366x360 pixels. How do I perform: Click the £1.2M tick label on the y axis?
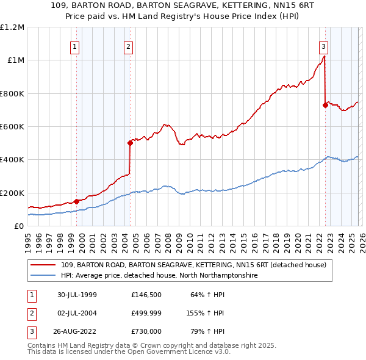click(x=12, y=27)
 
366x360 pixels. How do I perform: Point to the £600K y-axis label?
click(x=12, y=126)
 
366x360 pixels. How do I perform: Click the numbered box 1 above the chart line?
click(x=75, y=46)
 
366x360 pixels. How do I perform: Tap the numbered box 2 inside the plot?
click(x=129, y=46)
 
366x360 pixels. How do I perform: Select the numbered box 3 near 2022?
click(x=323, y=46)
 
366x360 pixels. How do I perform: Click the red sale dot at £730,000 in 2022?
click(x=325, y=105)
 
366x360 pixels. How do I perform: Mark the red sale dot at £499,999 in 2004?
click(x=130, y=143)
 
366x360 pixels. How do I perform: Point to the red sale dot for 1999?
click(x=77, y=201)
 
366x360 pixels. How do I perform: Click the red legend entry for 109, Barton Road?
click(x=194, y=265)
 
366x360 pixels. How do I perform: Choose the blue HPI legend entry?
click(x=159, y=276)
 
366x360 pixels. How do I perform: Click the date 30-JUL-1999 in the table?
click(x=77, y=295)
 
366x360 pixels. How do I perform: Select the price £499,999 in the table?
click(x=147, y=313)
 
